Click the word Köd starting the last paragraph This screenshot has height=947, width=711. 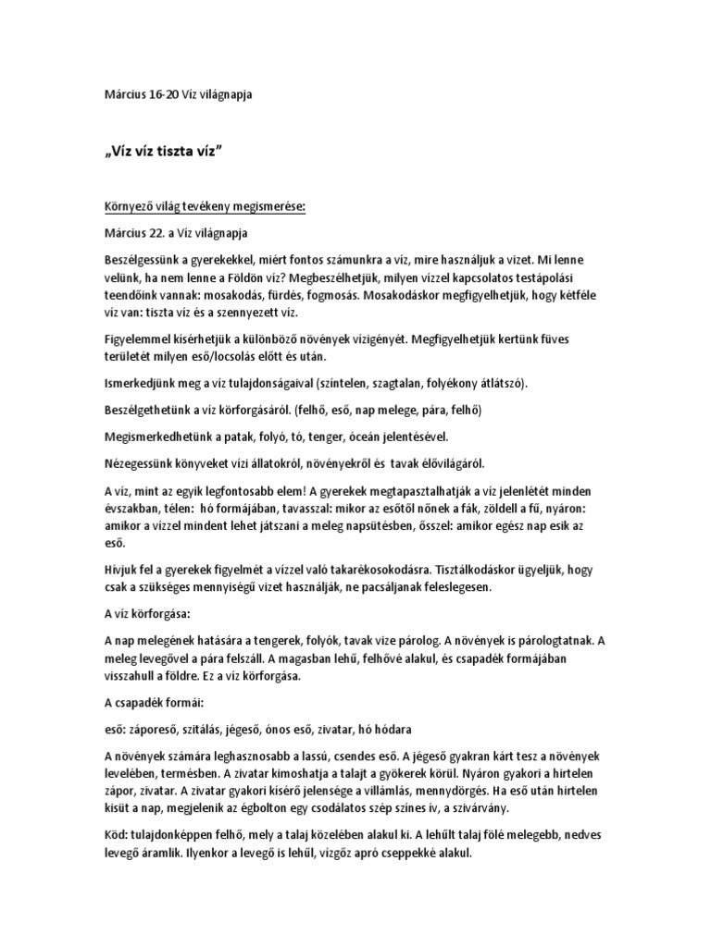[118, 836]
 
